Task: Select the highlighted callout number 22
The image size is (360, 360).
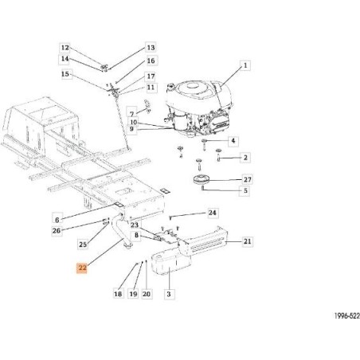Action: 82,269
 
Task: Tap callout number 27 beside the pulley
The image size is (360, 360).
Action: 246,180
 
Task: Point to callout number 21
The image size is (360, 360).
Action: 247,241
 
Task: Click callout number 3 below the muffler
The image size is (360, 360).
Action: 169,295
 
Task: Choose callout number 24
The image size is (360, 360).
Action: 212,213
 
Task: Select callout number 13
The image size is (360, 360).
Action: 151,48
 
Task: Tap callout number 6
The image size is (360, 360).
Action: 57,217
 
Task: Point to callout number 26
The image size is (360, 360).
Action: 57,231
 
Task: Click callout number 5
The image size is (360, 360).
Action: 246,191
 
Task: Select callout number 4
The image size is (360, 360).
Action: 233,141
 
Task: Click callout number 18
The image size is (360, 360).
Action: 118,295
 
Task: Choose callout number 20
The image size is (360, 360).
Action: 146,295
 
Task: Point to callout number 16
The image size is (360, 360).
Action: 151,61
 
